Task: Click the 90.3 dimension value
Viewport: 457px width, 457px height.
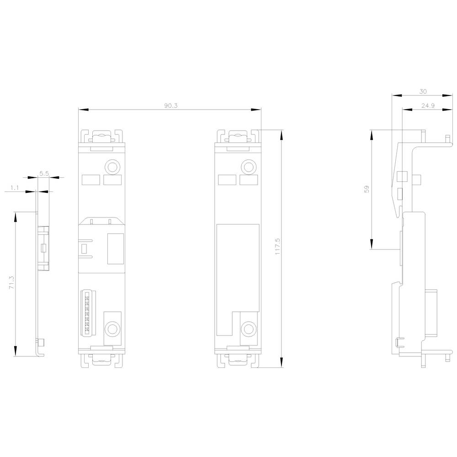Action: tap(170, 106)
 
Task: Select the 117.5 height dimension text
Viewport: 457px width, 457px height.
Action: tap(277, 247)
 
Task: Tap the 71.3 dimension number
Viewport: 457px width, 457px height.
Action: tap(12, 283)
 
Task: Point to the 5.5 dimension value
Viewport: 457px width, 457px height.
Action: tap(44, 174)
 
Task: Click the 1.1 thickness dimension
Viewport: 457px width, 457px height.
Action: tap(15, 188)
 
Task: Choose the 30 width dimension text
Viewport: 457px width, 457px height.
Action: tap(423, 91)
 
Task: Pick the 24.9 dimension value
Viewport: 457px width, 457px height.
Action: tap(428, 106)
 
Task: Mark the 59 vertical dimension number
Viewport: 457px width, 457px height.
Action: tap(367, 189)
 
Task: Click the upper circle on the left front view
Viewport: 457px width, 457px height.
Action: tap(112, 167)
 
